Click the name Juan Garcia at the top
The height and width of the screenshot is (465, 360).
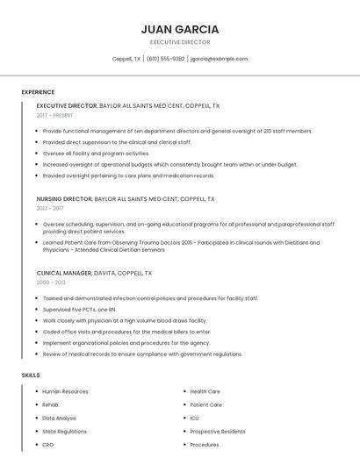click(180, 29)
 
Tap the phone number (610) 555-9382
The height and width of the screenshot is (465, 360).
click(165, 59)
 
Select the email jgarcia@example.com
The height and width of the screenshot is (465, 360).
click(219, 59)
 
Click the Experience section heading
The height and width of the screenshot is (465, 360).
click(38, 92)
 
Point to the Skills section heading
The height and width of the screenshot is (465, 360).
click(31, 376)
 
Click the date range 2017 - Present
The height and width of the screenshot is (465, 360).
click(54, 115)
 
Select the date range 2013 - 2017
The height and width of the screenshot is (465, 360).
click(50, 209)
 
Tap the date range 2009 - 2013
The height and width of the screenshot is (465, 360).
click(50, 283)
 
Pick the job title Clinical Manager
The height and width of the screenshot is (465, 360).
click(64, 273)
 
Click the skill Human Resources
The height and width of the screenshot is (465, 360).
click(65, 391)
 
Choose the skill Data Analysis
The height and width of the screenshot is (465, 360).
click(59, 418)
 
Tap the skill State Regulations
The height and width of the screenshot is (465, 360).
click(64, 432)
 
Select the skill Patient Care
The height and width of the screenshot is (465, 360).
click(205, 405)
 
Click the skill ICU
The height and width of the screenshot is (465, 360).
click(194, 418)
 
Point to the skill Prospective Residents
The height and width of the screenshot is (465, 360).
click(217, 432)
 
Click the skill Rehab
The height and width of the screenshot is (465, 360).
click(50, 405)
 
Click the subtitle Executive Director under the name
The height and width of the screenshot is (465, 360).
click(180, 42)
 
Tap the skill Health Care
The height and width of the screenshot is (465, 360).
click(205, 391)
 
